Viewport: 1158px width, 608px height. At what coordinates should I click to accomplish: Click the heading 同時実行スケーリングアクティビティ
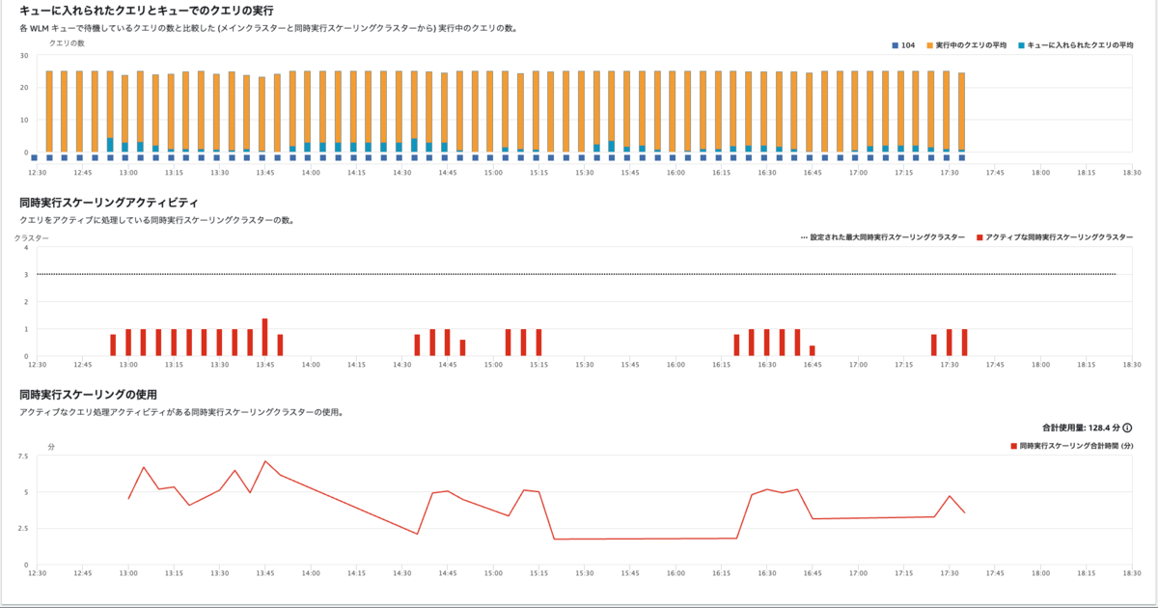tap(109, 203)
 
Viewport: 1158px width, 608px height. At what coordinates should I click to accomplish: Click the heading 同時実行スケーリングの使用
tap(88, 394)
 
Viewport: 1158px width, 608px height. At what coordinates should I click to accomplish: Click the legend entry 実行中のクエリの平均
tap(966, 45)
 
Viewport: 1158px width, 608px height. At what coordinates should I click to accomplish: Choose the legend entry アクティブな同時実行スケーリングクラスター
tap(1054, 236)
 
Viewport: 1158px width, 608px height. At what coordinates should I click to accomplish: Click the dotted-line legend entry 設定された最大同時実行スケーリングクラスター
tap(882, 236)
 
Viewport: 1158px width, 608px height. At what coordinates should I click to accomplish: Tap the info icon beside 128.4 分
tap(1127, 428)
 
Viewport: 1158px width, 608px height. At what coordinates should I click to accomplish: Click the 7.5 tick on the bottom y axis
tap(22, 456)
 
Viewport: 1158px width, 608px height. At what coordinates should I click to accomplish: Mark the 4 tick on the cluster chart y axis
tap(26, 248)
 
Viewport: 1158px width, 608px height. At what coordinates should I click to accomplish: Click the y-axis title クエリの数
tap(68, 43)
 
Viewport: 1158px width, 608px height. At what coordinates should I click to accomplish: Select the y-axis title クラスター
tap(32, 236)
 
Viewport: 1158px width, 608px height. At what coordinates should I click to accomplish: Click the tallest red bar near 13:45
tap(264, 337)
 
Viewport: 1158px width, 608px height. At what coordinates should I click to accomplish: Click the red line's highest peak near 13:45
tap(265, 461)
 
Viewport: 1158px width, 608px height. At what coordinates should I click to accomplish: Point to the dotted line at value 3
tap(579, 275)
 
